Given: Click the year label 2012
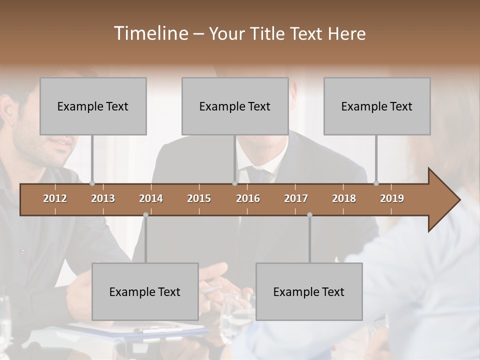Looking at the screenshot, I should (x=55, y=198).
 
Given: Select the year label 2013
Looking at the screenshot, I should (x=103, y=198).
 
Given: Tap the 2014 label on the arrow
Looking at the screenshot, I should (x=151, y=198).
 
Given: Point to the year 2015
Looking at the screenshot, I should (x=199, y=198).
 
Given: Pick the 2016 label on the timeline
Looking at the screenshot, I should (x=248, y=198).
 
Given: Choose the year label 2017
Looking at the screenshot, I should (x=296, y=198).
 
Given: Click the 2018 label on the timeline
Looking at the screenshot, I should (x=344, y=198).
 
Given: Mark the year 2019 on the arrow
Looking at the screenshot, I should (x=392, y=198).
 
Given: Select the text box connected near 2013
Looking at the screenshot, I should (x=93, y=106).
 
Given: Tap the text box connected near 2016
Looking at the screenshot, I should (x=235, y=106).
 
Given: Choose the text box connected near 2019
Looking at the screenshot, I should (x=377, y=106).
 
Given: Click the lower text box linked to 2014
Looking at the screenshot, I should (x=145, y=291).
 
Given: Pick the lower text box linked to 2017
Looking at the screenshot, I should (x=309, y=291).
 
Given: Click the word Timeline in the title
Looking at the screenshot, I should (x=150, y=33).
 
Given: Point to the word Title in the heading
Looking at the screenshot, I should (x=269, y=33).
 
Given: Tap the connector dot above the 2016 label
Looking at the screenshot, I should (x=234, y=183).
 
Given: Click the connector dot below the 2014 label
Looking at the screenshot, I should (x=145, y=214).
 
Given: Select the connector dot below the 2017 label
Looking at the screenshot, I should (x=309, y=214).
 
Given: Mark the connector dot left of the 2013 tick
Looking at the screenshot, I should (x=92, y=183).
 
